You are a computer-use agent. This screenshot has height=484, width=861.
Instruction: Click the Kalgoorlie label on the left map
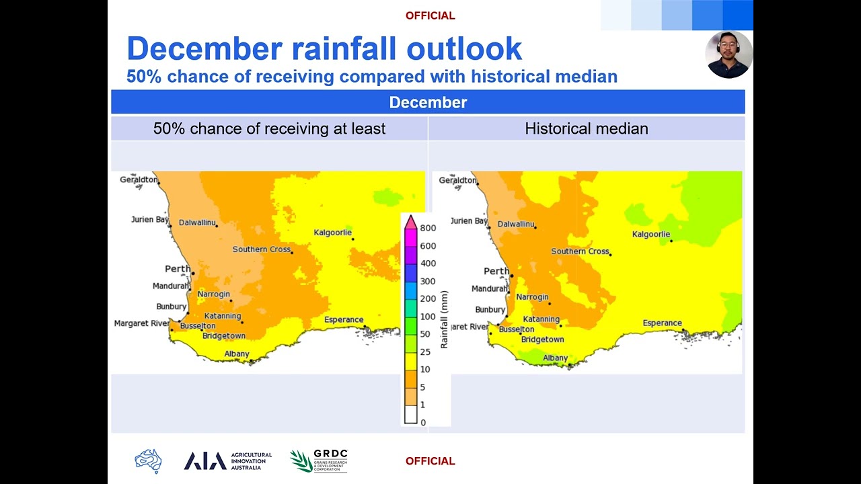tap(332, 233)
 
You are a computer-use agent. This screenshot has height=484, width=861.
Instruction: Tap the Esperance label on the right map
tap(663, 323)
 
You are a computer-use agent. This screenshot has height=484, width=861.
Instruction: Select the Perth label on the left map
tap(178, 268)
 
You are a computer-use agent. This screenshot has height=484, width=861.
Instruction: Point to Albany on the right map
tap(555, 358)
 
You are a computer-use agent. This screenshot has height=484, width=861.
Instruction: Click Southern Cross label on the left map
tap(262, 249)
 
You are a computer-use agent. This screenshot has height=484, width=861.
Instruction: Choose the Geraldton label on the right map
tap(457, 180)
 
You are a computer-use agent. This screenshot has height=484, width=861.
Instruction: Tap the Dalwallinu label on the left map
tap(197, 223)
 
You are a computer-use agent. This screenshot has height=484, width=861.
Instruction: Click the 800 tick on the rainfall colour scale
tap(428, 228)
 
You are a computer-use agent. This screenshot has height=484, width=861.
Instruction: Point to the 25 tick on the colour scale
tap(425, 352)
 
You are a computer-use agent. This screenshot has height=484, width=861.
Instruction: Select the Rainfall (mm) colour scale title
tap(444, 319)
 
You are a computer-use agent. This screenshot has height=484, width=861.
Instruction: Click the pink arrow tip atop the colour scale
tap(410, 216)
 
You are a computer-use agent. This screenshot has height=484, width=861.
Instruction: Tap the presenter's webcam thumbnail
tap(728, 54)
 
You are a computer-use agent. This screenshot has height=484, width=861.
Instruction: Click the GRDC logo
tap(319, 460)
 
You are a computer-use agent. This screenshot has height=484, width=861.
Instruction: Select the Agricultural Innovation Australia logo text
tap(252, 461)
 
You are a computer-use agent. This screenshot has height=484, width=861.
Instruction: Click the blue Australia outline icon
tap(149, 461)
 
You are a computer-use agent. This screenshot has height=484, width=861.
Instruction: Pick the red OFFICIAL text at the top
tap(430, 15)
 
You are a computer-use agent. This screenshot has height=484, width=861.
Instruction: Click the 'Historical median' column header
tap(587, 128)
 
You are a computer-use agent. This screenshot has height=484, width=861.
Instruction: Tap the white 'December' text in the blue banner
tap(428, 103)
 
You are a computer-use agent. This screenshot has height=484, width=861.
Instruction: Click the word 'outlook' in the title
tap(464, 49)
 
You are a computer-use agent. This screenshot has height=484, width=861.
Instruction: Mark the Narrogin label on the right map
tap(532, 297)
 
